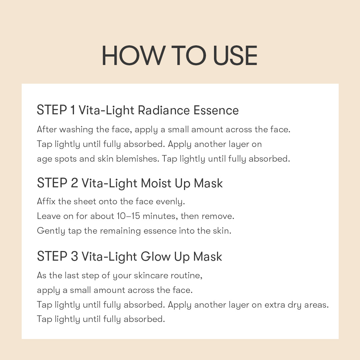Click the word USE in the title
(x=235, y=56)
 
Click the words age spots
(x=57, y=159)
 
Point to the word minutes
(x=160, y=216)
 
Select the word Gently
(x=51, y=231)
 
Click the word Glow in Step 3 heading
(x=155, y=257)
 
